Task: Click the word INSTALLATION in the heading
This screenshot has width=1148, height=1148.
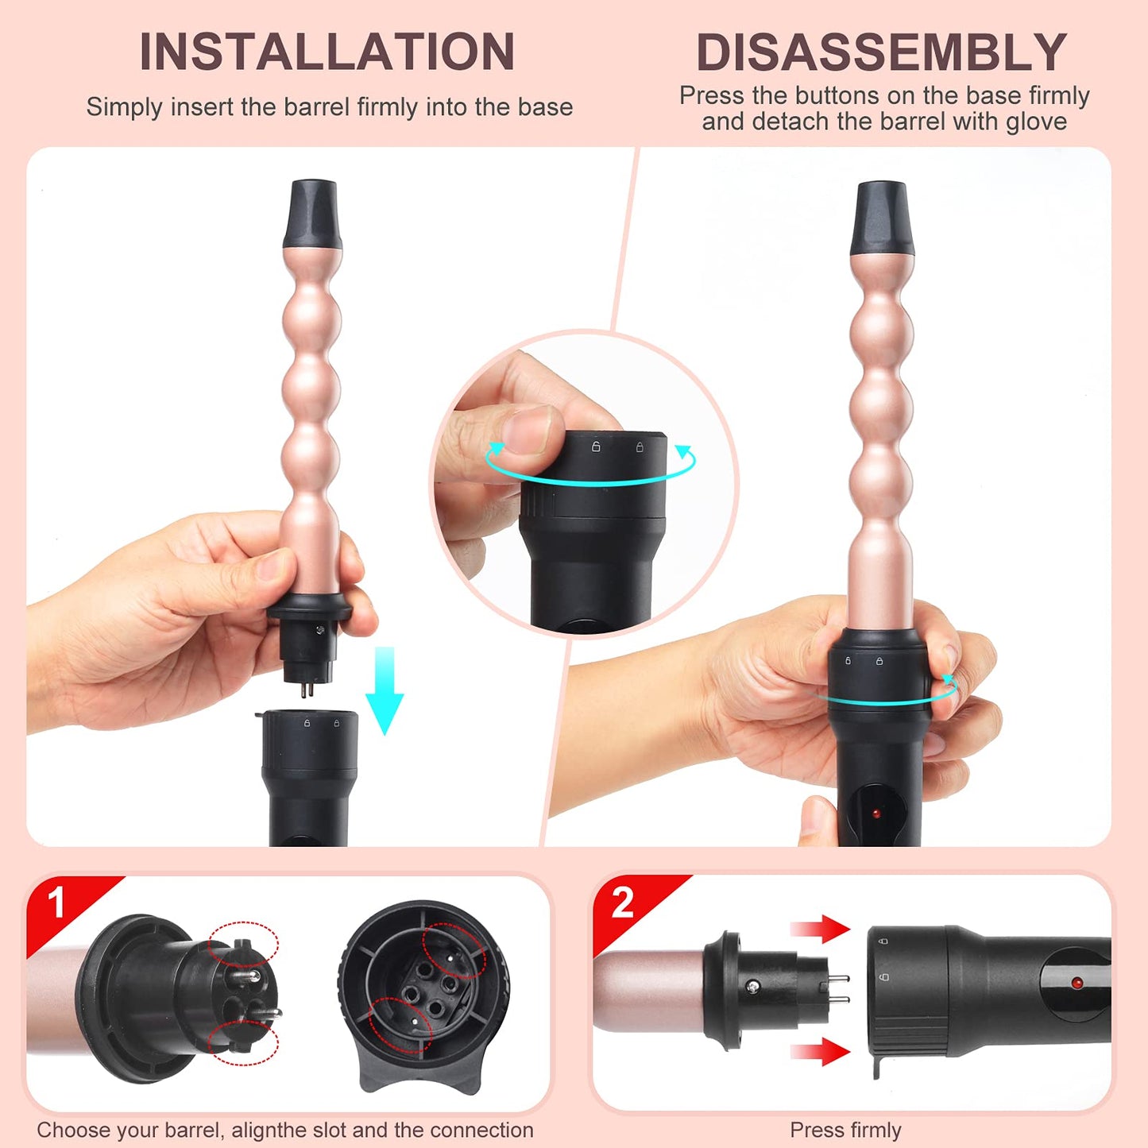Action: click(327, 52)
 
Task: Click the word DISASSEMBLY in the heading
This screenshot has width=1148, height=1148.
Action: click(881, 52)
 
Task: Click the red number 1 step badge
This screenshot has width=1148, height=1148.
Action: click(56, 903)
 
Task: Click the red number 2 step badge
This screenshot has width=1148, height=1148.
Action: click(623, 903)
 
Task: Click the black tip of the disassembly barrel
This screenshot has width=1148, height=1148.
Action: click(881, 218)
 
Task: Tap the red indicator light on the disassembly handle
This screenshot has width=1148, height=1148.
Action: click(876, 814)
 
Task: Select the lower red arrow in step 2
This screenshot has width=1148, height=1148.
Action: click(821, 1051)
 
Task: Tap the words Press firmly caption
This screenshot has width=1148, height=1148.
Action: click(845, 1131)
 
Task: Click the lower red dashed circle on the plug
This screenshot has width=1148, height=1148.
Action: click(243, 1042)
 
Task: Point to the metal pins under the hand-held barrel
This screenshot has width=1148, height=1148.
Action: click(307, 688)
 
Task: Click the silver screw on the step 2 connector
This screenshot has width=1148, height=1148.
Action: click(752, 987)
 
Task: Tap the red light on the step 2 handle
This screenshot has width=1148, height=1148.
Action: click(1076, 983)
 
